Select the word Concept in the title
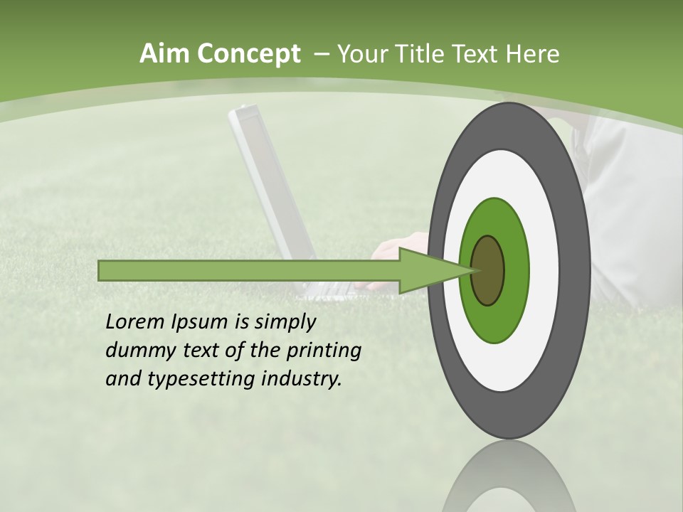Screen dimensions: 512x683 (x=248, y=54)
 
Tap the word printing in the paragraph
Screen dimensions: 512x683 (x=324, y=351)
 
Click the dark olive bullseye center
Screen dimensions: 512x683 (x=488, y=270)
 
